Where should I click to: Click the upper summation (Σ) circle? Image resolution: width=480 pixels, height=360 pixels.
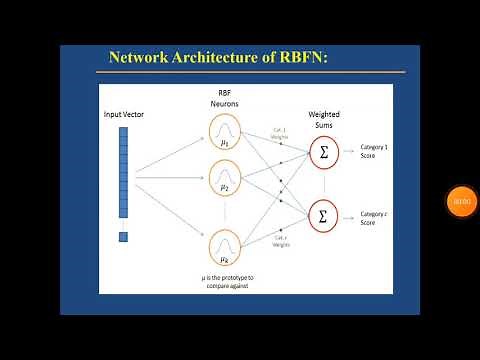tap(322, 152)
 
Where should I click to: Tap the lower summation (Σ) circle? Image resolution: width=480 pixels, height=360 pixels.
tap(322, 215)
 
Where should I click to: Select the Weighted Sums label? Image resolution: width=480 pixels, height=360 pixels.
tap(322, 121)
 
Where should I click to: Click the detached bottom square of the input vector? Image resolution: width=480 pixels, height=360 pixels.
tap(123, 237)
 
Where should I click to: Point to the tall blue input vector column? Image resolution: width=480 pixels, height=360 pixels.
tap(123, 172)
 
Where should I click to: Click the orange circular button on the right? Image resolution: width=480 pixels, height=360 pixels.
tap(460, 202)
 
